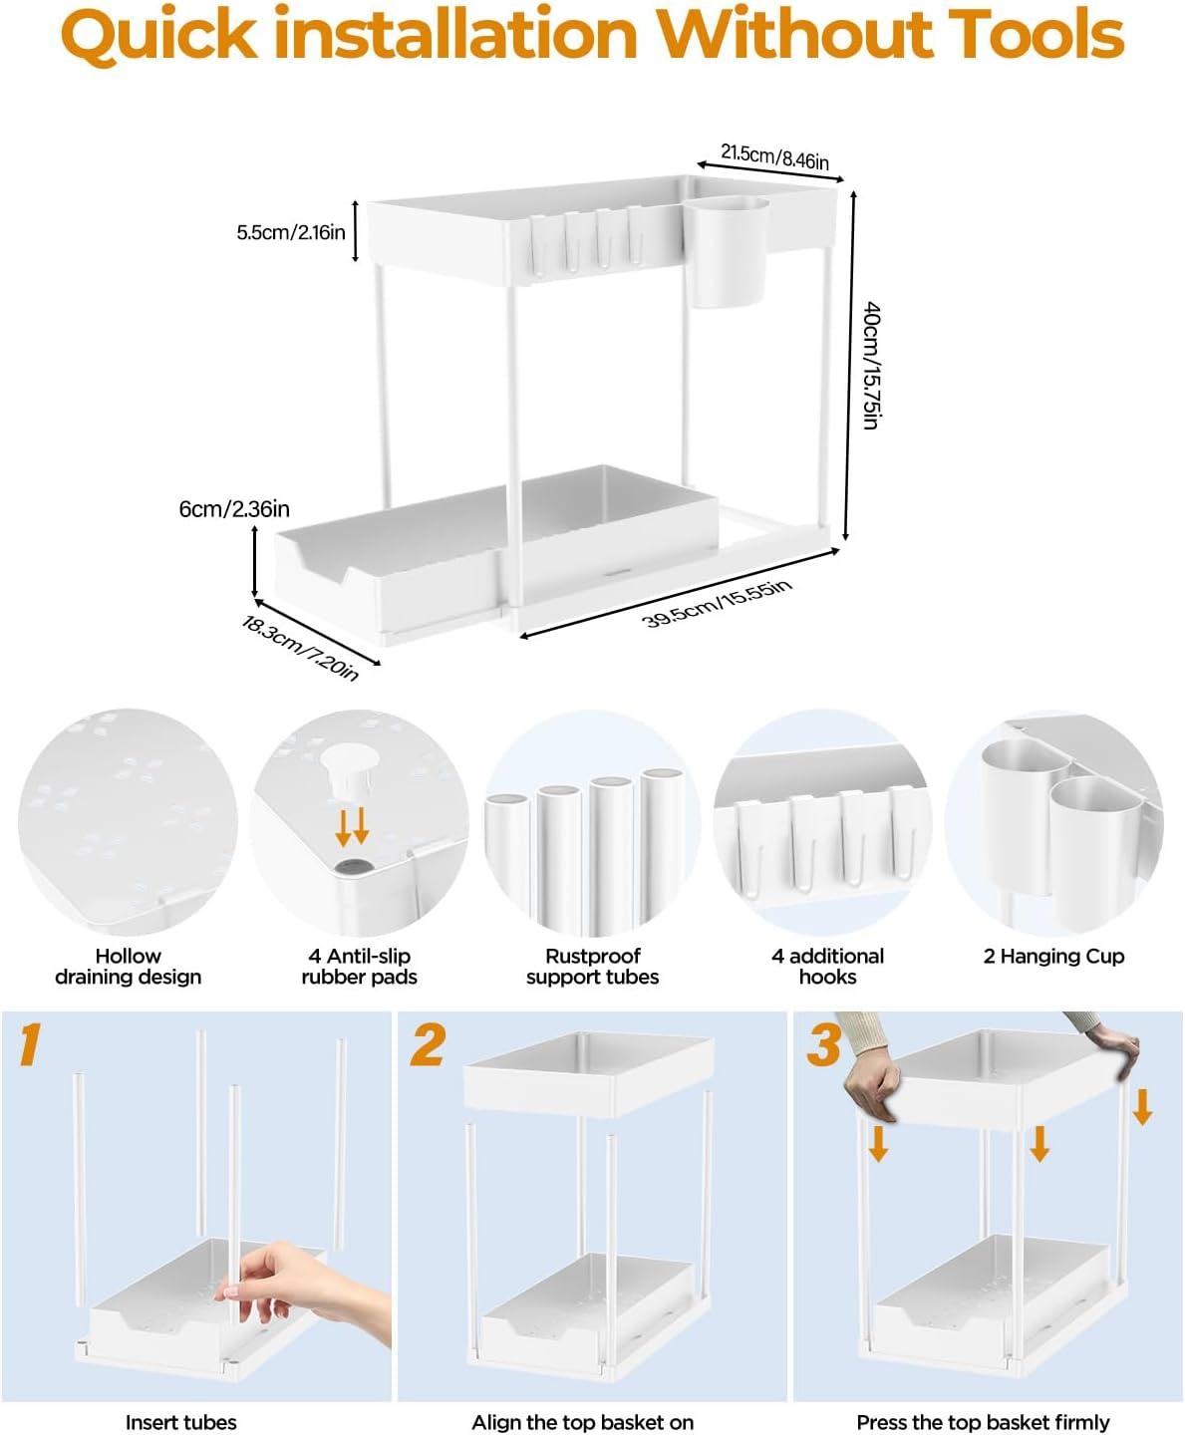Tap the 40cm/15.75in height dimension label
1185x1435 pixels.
(870, 365)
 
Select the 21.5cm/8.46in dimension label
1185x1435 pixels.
(774, 156)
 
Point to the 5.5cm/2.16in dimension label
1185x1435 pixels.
(290, 232)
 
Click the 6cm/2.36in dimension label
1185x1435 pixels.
(234, 509)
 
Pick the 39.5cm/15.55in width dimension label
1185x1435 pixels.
(717, 602)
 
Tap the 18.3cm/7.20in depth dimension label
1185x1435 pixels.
(300, 648)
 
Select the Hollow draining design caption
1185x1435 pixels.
(128, 966)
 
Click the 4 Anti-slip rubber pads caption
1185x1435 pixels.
(359, 966)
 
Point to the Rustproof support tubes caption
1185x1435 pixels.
(592, 966)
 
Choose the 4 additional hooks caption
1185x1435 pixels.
(827, 966)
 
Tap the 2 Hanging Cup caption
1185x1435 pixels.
(1053, 956)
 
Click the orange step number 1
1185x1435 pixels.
(30, 1043)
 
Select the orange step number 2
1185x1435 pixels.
(428, 1043)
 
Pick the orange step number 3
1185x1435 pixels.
(824, 1045)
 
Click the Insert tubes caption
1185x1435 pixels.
(180, 1422)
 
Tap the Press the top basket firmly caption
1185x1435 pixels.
(983, 1422)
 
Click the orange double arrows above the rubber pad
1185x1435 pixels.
(352, 826)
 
